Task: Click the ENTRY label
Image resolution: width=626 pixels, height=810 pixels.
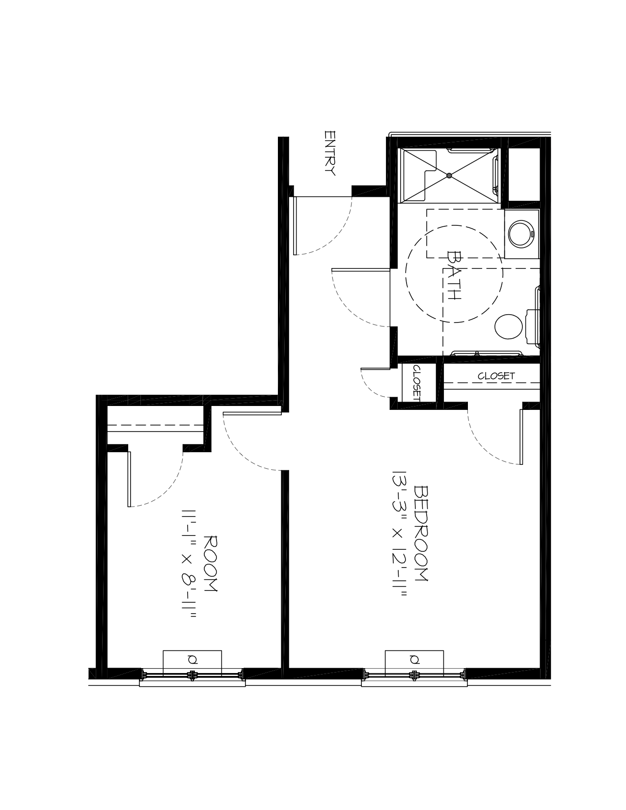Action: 330,153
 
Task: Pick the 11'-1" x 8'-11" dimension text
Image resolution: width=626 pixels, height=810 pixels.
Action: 188,563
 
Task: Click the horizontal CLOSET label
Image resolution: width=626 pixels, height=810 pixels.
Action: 496,376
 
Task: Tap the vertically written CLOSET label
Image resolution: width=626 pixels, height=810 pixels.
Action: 417,383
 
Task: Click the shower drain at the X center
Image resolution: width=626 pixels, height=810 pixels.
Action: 449,175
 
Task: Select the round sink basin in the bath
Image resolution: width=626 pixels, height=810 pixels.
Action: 521,234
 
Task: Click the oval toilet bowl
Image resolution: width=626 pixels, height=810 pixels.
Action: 508,326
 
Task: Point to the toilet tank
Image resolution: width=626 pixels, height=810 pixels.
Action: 532,326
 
